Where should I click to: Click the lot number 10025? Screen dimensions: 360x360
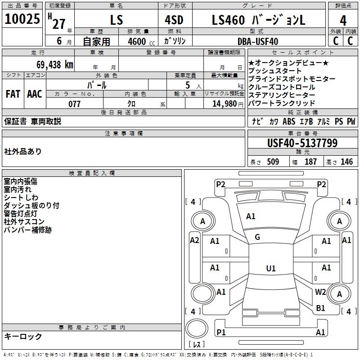coord(22,19)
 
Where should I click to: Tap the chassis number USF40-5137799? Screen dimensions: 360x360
coord(302,143)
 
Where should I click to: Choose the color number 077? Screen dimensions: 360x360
coord(75,103)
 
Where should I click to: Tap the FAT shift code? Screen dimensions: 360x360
coord(13,94)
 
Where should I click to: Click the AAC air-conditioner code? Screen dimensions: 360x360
coord(35,94)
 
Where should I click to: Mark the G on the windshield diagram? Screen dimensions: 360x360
coord(257,237)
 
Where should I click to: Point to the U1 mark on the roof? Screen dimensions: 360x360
coord(270,269)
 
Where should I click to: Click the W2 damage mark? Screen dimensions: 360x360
coord(320,292)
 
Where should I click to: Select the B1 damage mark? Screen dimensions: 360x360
coord(320,308)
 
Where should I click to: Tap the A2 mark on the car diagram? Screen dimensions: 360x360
coord(194,240)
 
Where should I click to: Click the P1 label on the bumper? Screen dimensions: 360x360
coord(220,332)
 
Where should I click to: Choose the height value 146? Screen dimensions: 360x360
coord(346,162)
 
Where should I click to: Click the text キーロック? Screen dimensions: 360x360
coord(23,337)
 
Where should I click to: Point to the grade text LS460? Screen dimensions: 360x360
coord(228,20)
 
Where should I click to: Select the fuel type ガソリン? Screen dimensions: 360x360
coord(175,41)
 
